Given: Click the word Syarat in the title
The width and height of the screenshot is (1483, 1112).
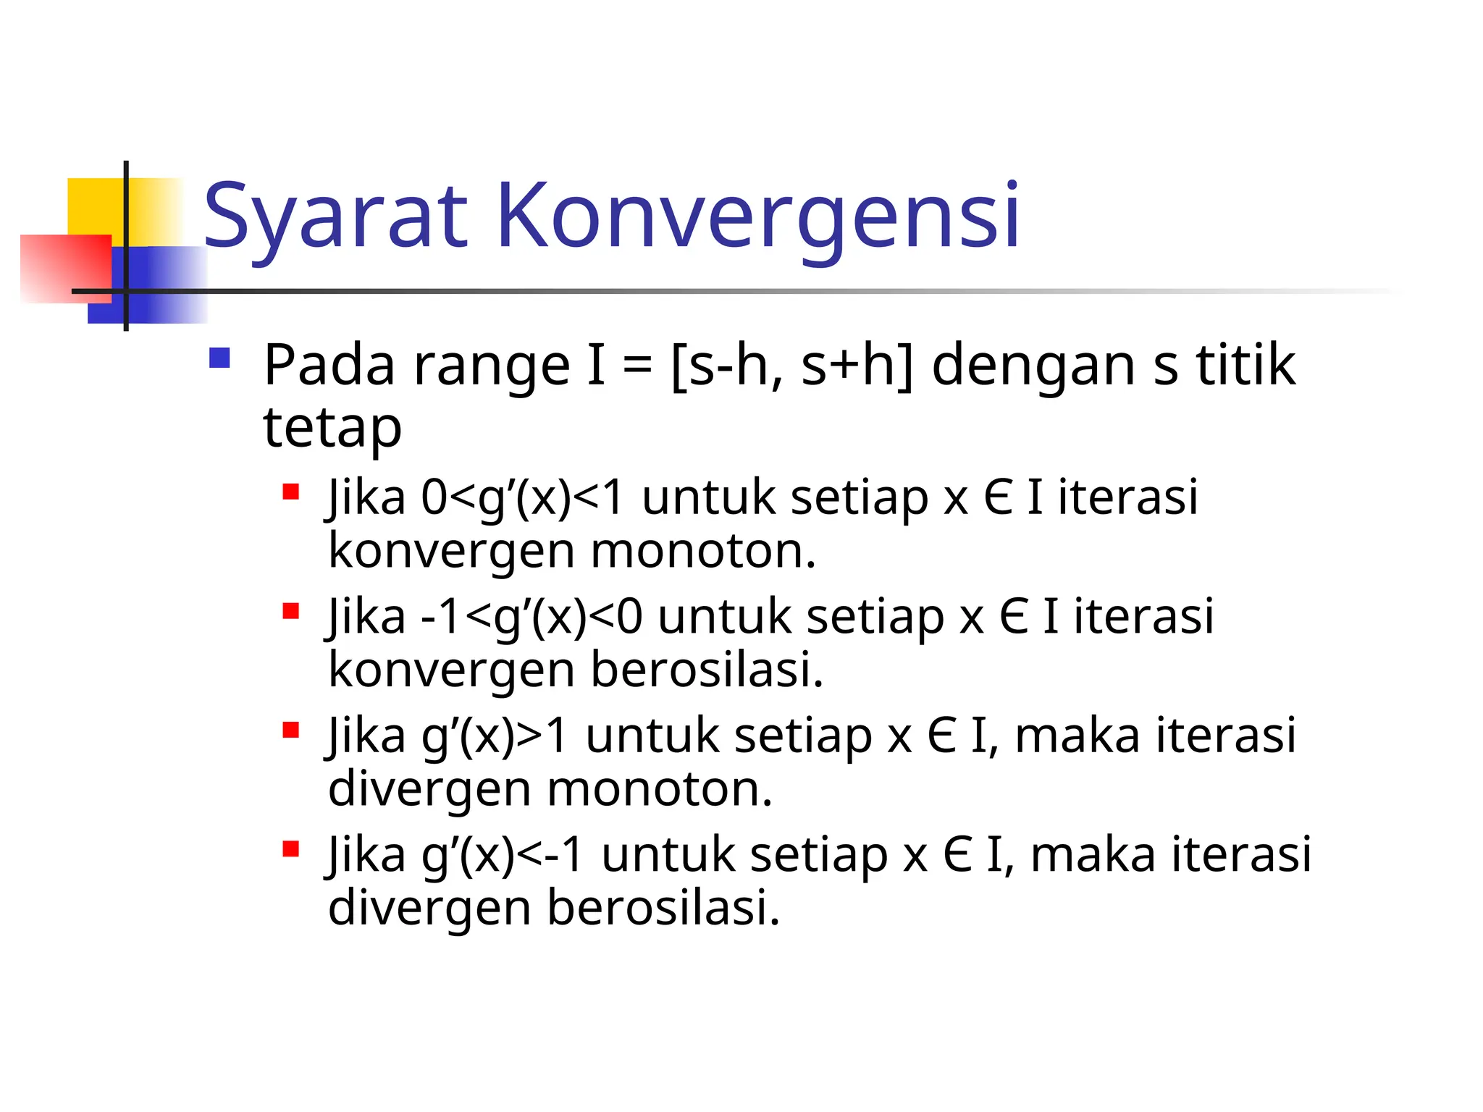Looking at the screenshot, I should pos(335,216).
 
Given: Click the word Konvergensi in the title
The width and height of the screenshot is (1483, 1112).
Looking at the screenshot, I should pos(758,216).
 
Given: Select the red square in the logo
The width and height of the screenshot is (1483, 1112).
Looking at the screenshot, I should pos(65,268).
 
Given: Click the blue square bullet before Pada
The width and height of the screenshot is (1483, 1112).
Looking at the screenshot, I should pos(219,358).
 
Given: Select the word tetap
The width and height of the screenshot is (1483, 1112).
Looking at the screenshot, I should pos(332,427).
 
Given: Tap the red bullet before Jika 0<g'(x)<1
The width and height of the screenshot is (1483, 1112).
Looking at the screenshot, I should pos(291,492).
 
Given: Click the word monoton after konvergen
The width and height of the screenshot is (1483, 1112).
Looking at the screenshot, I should pos(703,551).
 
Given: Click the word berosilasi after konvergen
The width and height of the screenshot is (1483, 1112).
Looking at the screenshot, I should pos(707,670).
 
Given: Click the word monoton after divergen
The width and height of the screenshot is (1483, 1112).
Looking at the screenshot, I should pos(660,788).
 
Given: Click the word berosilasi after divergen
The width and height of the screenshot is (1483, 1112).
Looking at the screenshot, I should pos(663,908).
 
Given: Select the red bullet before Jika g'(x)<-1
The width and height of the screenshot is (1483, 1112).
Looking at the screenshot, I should pos(291,848).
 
